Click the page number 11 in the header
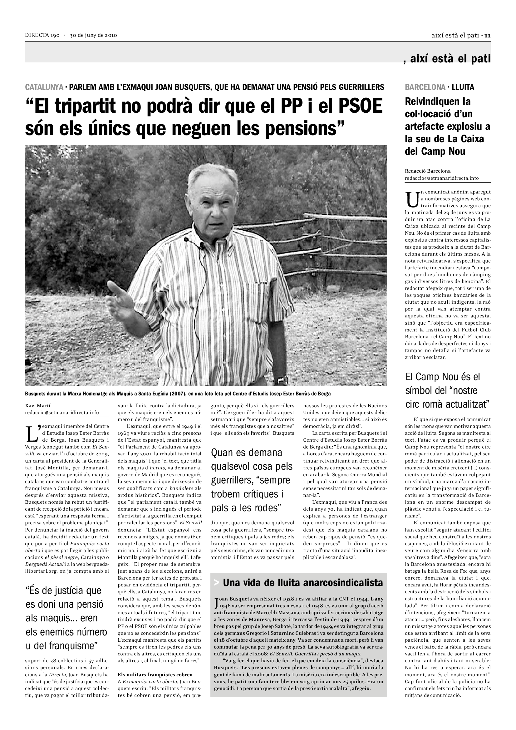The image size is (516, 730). pyautogui.click(x=488, y=36)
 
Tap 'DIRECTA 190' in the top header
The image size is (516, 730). pyautogui.click(x=42, y=35)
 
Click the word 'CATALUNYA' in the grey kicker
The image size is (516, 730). pyautogui.click(x=44, y=87)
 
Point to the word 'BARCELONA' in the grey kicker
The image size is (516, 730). pyautogui.click(x=425, y=87)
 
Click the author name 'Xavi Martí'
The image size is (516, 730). pyautogui.click(x=37, y=405)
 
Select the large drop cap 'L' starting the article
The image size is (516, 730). pyautogui.click(x=32, y=433)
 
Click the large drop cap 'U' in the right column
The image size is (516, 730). pyautogui.click(x=412, y=199)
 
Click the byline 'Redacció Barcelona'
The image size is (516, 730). pyautogui.click(x=428, y=171)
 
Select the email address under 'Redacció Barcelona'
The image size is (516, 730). pyautogui.click(x=442, y=178)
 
